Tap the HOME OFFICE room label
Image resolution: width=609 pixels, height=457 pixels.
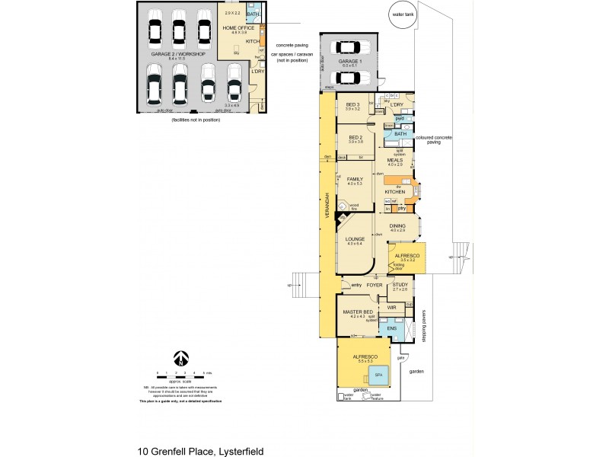click(235, 28)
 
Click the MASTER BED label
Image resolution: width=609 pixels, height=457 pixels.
click(357, 312)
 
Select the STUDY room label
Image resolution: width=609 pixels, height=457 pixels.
click(400, 286)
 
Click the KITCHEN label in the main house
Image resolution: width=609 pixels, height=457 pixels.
click(394, 191)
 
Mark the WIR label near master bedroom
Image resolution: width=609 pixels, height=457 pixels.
click(391, 308)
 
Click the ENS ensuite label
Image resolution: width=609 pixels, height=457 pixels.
click(391, 328)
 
